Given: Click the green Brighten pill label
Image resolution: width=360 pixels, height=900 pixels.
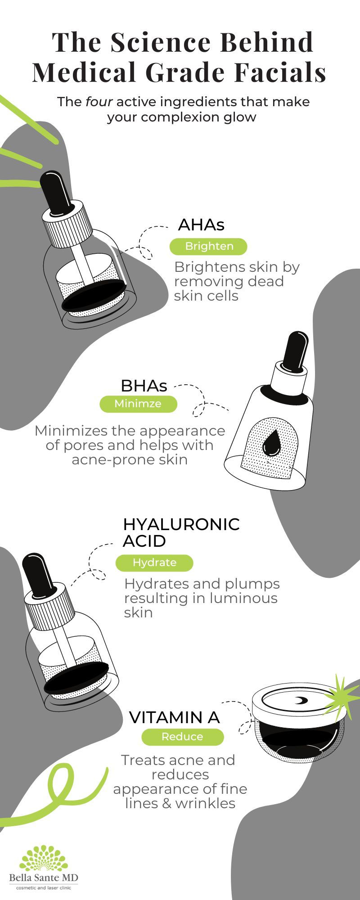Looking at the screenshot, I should (209, 246).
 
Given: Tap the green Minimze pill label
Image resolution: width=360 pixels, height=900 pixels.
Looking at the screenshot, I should (138, 403).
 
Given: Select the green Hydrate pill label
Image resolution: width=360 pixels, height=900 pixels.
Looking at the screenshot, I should (154, 562).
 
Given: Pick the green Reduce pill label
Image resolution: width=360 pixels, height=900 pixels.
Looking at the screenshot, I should (182, 737).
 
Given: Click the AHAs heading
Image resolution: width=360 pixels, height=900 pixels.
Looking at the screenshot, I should (201, 225).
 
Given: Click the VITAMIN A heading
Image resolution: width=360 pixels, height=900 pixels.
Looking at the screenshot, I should (174, 717).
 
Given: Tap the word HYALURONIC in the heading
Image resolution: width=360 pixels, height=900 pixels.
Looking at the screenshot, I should (181, 524).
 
